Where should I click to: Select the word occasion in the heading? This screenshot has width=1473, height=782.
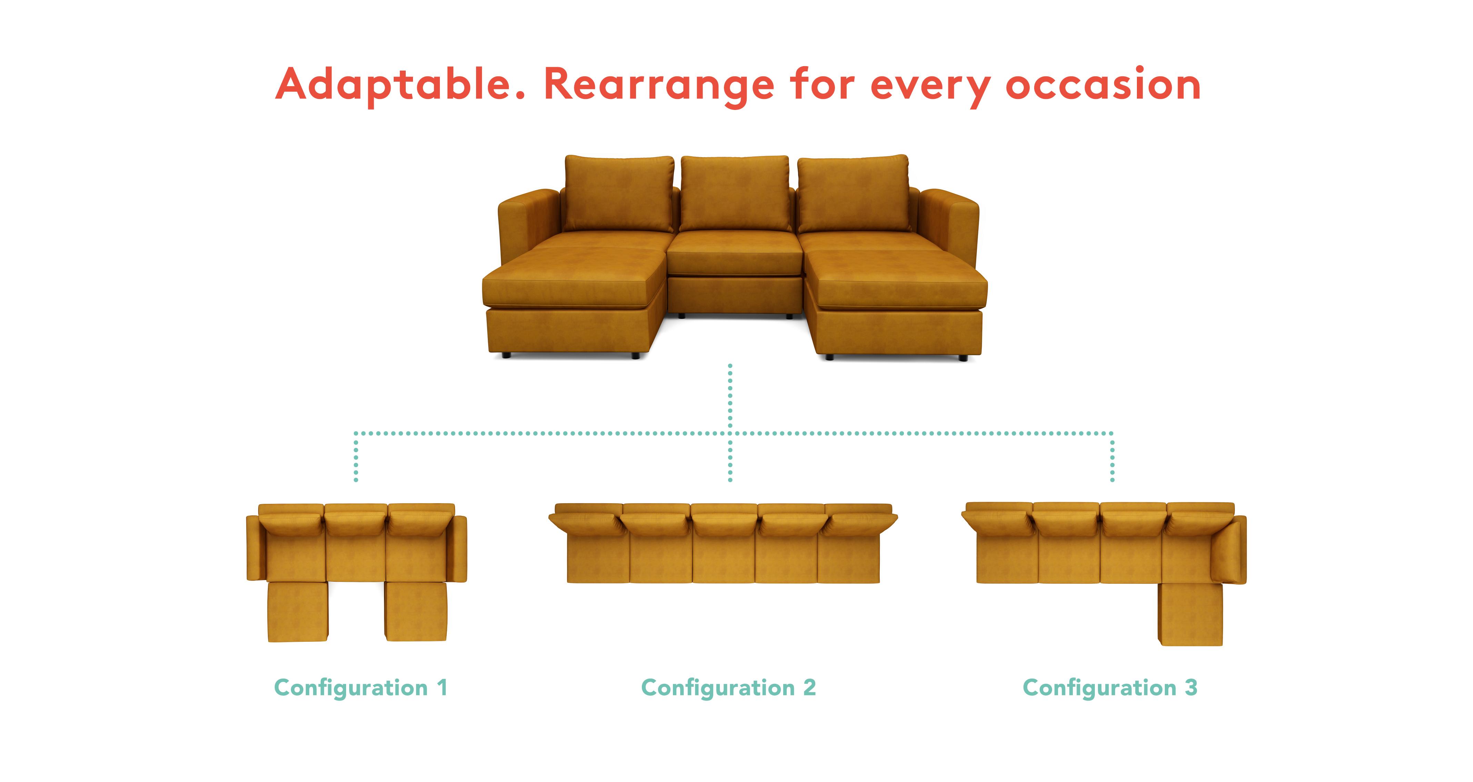tap(1103, 84)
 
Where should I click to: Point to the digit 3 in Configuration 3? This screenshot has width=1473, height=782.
tap(1191, 688)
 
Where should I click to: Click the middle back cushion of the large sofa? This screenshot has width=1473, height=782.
tap(735, 193)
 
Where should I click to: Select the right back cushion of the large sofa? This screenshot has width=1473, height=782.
tap(853, 193)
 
